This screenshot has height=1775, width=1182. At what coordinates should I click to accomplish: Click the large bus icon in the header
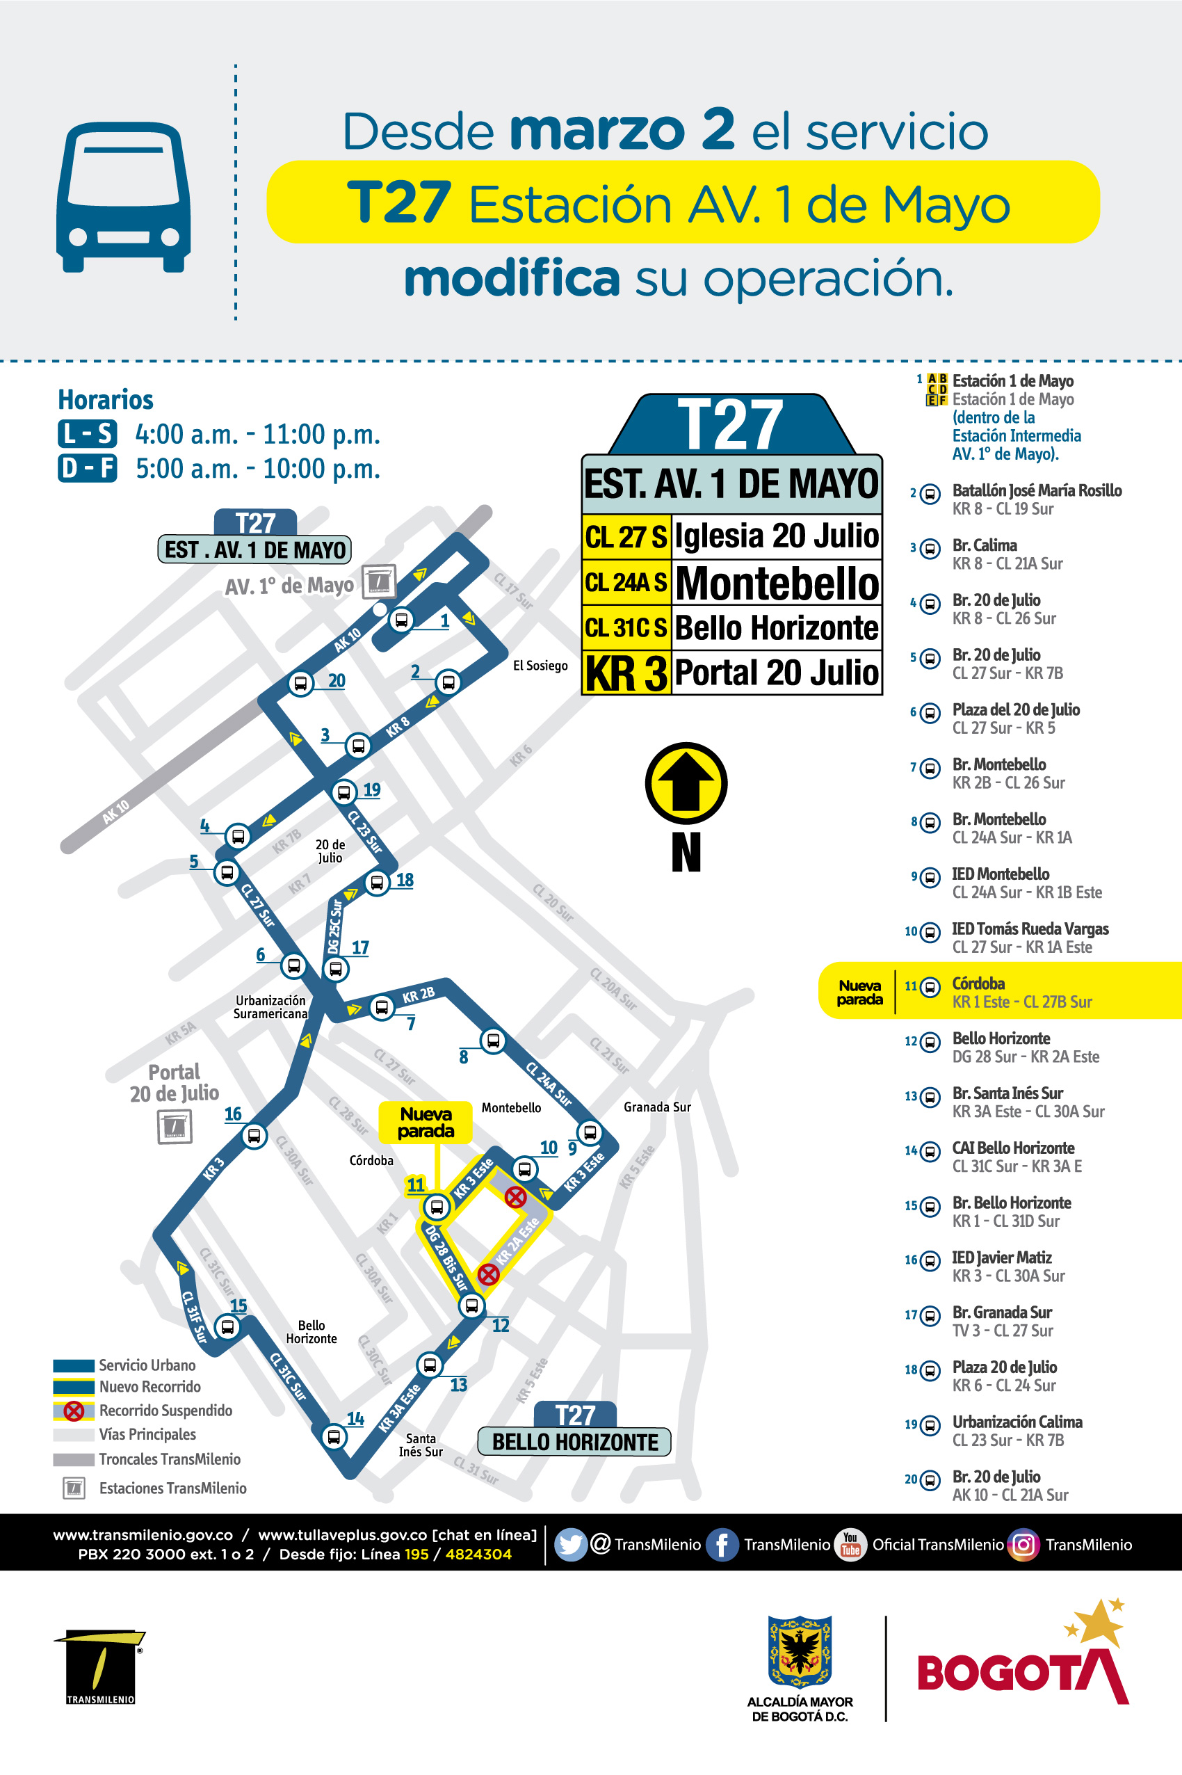tap(124, 197)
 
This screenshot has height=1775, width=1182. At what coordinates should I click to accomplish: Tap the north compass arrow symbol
tap(686, 783)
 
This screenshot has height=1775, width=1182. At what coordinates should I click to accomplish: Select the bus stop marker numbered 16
tap(254, 1136)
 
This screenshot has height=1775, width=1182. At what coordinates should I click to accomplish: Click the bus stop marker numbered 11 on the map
tap(436, 1207)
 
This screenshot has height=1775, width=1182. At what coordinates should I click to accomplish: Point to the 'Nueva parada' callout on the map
tap(426, 1122)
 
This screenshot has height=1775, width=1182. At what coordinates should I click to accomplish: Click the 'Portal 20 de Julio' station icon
tap(174, 1127)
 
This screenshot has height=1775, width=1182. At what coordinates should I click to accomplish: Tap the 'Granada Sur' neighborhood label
tap(656, 1107)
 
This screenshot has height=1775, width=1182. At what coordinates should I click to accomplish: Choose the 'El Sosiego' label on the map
tap(540, 665)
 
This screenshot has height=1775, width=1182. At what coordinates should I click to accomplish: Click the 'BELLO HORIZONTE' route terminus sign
tap(574, 1442)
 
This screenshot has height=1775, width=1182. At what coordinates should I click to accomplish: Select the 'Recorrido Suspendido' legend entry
tap(165, 1410)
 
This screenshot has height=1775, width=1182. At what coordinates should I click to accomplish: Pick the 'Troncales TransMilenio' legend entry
tap(169, 1459)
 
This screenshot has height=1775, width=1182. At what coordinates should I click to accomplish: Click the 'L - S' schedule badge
tap(88, 433)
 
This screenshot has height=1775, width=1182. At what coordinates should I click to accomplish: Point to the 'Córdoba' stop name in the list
tap(978, 983)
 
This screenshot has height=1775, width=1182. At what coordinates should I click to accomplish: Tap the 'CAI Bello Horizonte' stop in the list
tap(1013, 1148)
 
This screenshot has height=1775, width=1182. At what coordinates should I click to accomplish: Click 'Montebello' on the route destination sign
tap(777, 583)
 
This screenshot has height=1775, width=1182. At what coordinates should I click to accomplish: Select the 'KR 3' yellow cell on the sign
tap(626, 673)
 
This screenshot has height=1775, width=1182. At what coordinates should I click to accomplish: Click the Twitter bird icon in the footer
tap(570, 1544)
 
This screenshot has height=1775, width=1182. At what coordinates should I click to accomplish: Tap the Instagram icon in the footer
tap(1023, 1544)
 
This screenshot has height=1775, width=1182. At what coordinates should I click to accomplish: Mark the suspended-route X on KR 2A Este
tap(489, 1274)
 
